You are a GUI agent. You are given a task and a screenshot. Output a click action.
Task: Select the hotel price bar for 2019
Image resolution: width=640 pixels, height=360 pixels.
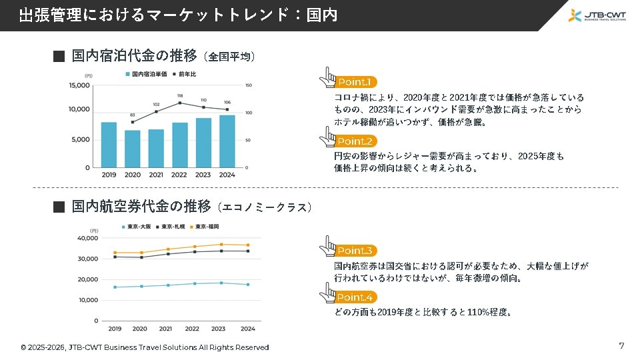[109, 145]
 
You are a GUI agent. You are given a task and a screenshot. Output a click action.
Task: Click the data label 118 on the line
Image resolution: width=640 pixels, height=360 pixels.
[180, 96]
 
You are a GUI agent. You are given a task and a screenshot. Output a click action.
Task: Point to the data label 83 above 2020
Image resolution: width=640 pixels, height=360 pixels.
[133, 115]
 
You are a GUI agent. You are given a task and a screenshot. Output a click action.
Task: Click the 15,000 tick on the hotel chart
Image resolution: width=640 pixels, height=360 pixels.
[79, 85]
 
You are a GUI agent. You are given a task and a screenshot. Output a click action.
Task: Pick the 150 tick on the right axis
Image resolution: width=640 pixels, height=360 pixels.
[249, 85]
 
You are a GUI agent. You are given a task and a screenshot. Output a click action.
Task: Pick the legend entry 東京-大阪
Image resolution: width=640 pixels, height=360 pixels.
[137, 227]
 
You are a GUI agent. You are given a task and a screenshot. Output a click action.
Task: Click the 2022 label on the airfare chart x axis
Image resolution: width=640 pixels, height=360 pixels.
[192, 329]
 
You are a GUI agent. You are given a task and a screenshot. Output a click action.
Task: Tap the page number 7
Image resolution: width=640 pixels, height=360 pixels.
[621, 345]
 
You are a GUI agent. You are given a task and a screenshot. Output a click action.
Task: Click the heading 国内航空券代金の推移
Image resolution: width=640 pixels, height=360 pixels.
[141, 207]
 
